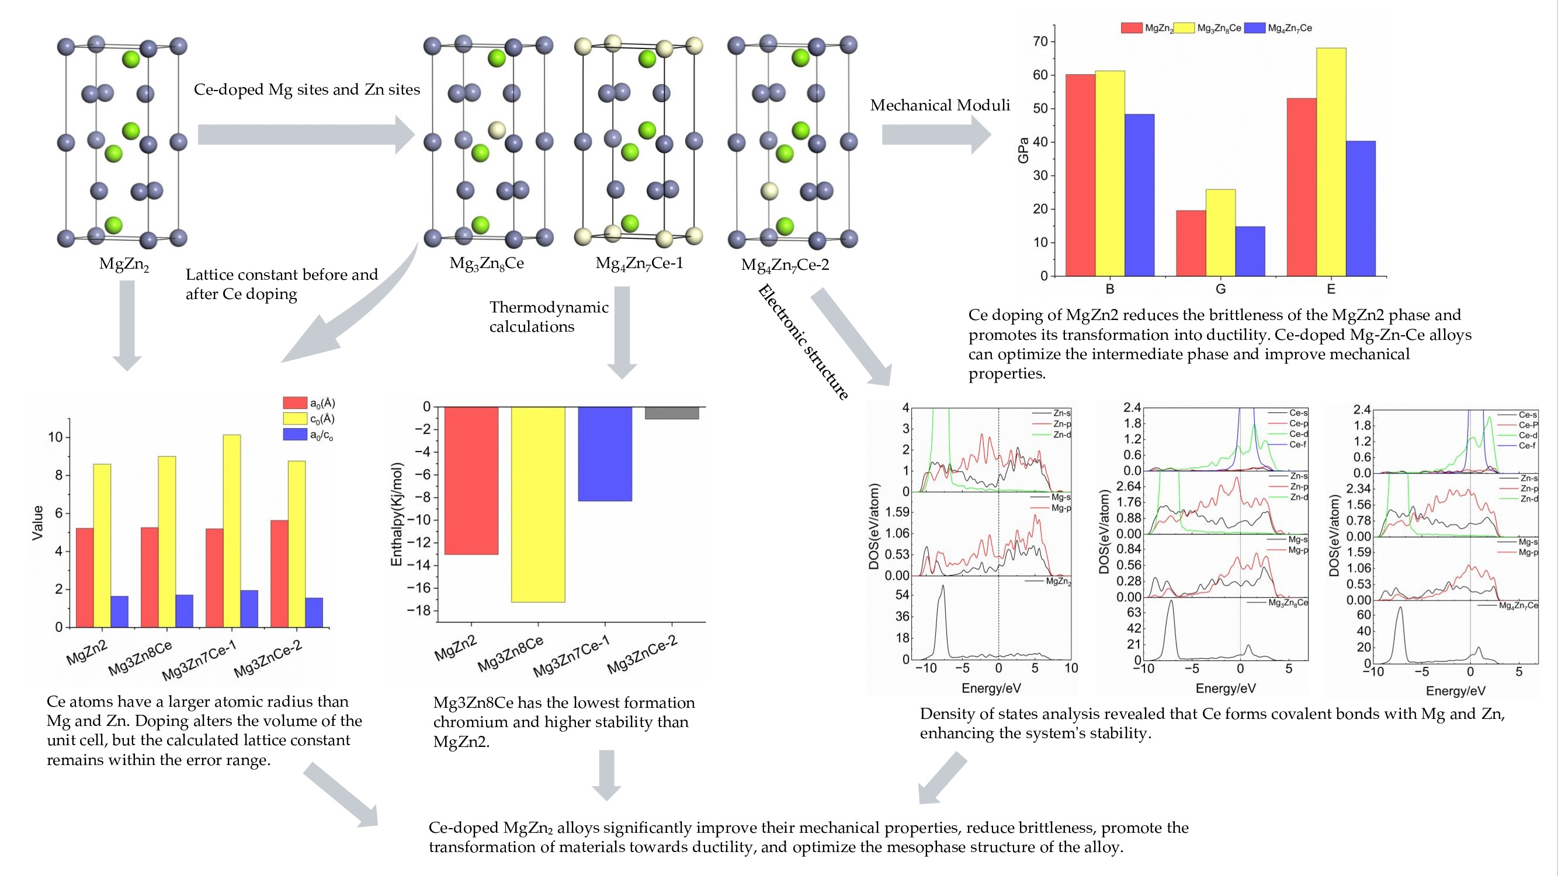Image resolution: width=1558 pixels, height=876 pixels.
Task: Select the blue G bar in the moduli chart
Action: [x=1250, y=252]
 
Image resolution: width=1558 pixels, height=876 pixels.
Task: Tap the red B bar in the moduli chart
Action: [x=1080, y=175]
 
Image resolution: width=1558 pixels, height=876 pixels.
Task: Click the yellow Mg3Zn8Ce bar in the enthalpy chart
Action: [x=537, y=504]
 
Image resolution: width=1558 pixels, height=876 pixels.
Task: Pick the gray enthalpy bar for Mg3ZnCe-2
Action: [x=671, y=413]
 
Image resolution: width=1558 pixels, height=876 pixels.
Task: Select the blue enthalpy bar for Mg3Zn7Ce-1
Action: [x=605, y=454]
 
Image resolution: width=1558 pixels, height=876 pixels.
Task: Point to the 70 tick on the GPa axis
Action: [x=1040, y=41]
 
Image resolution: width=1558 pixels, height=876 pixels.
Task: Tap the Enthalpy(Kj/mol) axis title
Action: [x=397, y=515]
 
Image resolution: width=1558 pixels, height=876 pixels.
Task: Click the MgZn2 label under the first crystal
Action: [x=124, y=264]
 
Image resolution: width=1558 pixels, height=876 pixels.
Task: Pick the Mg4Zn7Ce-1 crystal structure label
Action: [x=639, y=263]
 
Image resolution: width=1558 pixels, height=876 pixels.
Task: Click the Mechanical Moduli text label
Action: [x=940, y=105]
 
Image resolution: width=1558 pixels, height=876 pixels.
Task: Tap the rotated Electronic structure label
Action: [x=803, y=342]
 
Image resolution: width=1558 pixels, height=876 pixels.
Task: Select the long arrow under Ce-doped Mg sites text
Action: [x=306, y=134]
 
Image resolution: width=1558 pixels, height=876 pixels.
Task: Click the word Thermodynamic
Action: [x=549, y=307]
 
